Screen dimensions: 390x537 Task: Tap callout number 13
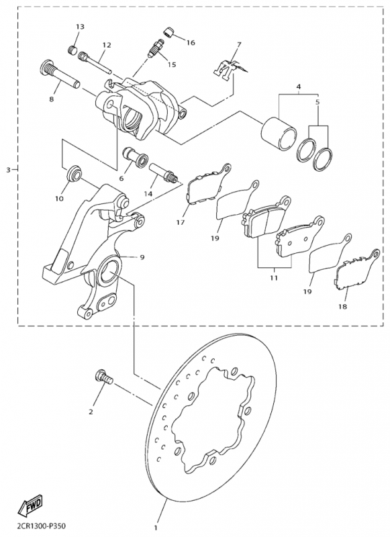(80, 26)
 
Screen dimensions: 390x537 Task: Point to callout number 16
(191, 42)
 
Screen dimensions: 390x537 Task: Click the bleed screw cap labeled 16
(168, 32)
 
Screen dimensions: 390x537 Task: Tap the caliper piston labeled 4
(279, 134)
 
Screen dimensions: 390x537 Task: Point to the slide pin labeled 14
(164, 173)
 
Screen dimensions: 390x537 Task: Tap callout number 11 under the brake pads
(273, 278)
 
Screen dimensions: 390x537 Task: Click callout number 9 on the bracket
(142, 257)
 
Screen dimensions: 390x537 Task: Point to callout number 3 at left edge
(8, 170)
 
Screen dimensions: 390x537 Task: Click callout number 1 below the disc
(156, 528)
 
